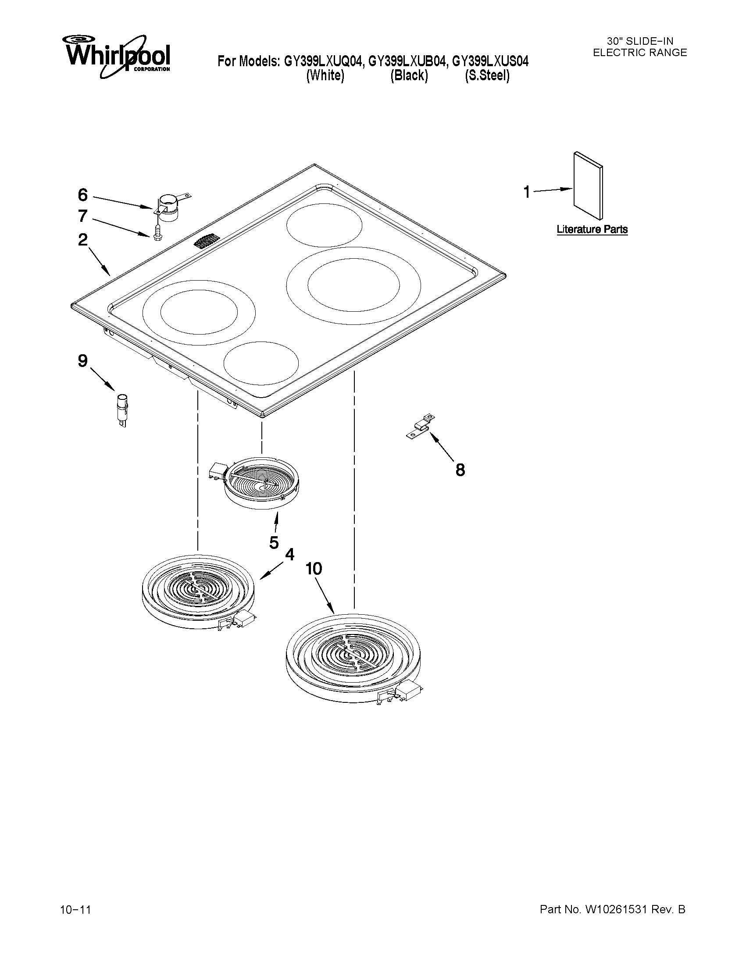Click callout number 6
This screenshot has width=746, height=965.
82,195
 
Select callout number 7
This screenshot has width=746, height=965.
82,217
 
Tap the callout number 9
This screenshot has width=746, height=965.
82,361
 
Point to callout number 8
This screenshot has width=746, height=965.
460,470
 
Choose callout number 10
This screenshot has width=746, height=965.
314,569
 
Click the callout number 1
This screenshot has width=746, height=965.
526,192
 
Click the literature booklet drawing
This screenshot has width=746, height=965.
588,186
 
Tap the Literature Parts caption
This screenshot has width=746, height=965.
592,230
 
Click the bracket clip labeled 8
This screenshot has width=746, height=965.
421,427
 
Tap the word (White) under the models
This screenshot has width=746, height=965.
325,76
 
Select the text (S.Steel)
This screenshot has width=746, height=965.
487,76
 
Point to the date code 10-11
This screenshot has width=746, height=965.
75,910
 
